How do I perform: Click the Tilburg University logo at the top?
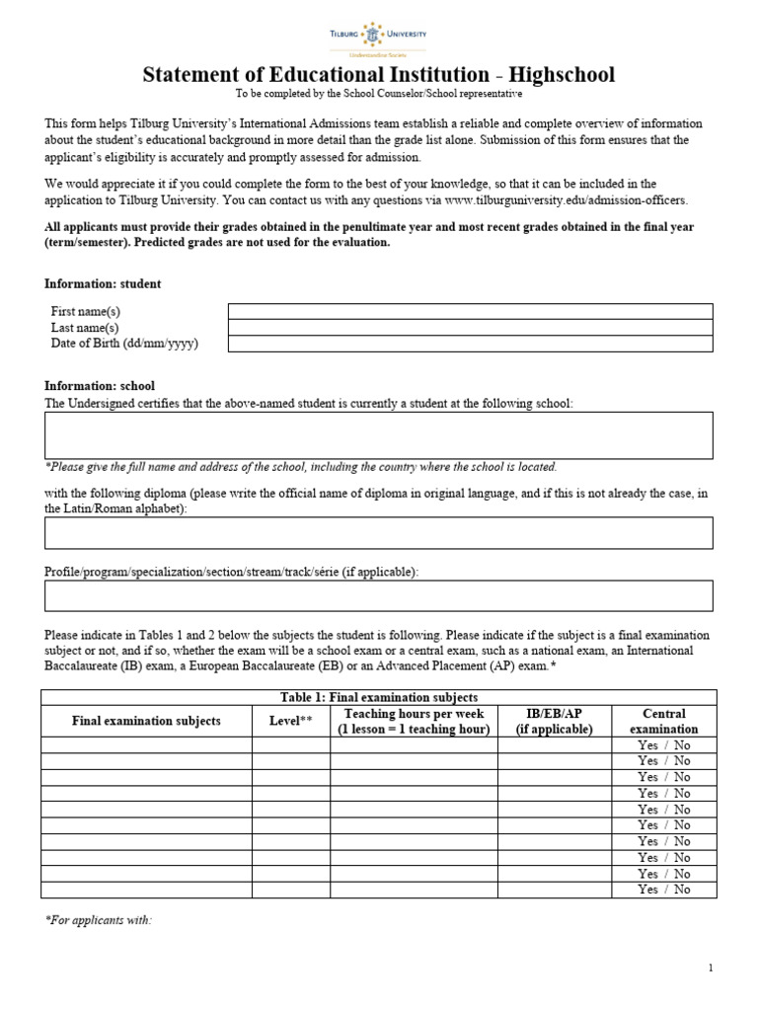pos(378,37)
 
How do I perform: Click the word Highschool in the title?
pos(561,75)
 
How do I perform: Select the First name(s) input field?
pos(470,311)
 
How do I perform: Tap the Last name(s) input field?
pos(470,327)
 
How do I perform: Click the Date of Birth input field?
pos(470,344)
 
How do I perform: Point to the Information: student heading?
pos(103,283)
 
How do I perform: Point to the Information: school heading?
pos(100,386)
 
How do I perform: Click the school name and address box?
pos(379,435)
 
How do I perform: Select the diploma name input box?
pos(379,532)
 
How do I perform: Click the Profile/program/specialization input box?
pos(379,595)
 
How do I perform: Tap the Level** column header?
pos(290,721)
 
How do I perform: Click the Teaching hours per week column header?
pos(414,721)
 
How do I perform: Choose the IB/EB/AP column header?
pos(554,721)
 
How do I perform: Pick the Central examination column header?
pos(663,721)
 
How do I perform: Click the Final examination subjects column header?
pos(146,721)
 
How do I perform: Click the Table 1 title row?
pos(379,698)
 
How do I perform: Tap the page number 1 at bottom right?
pos(711,969)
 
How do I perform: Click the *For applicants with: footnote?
pos(99,920)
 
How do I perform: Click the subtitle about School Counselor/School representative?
pos(378,95)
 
